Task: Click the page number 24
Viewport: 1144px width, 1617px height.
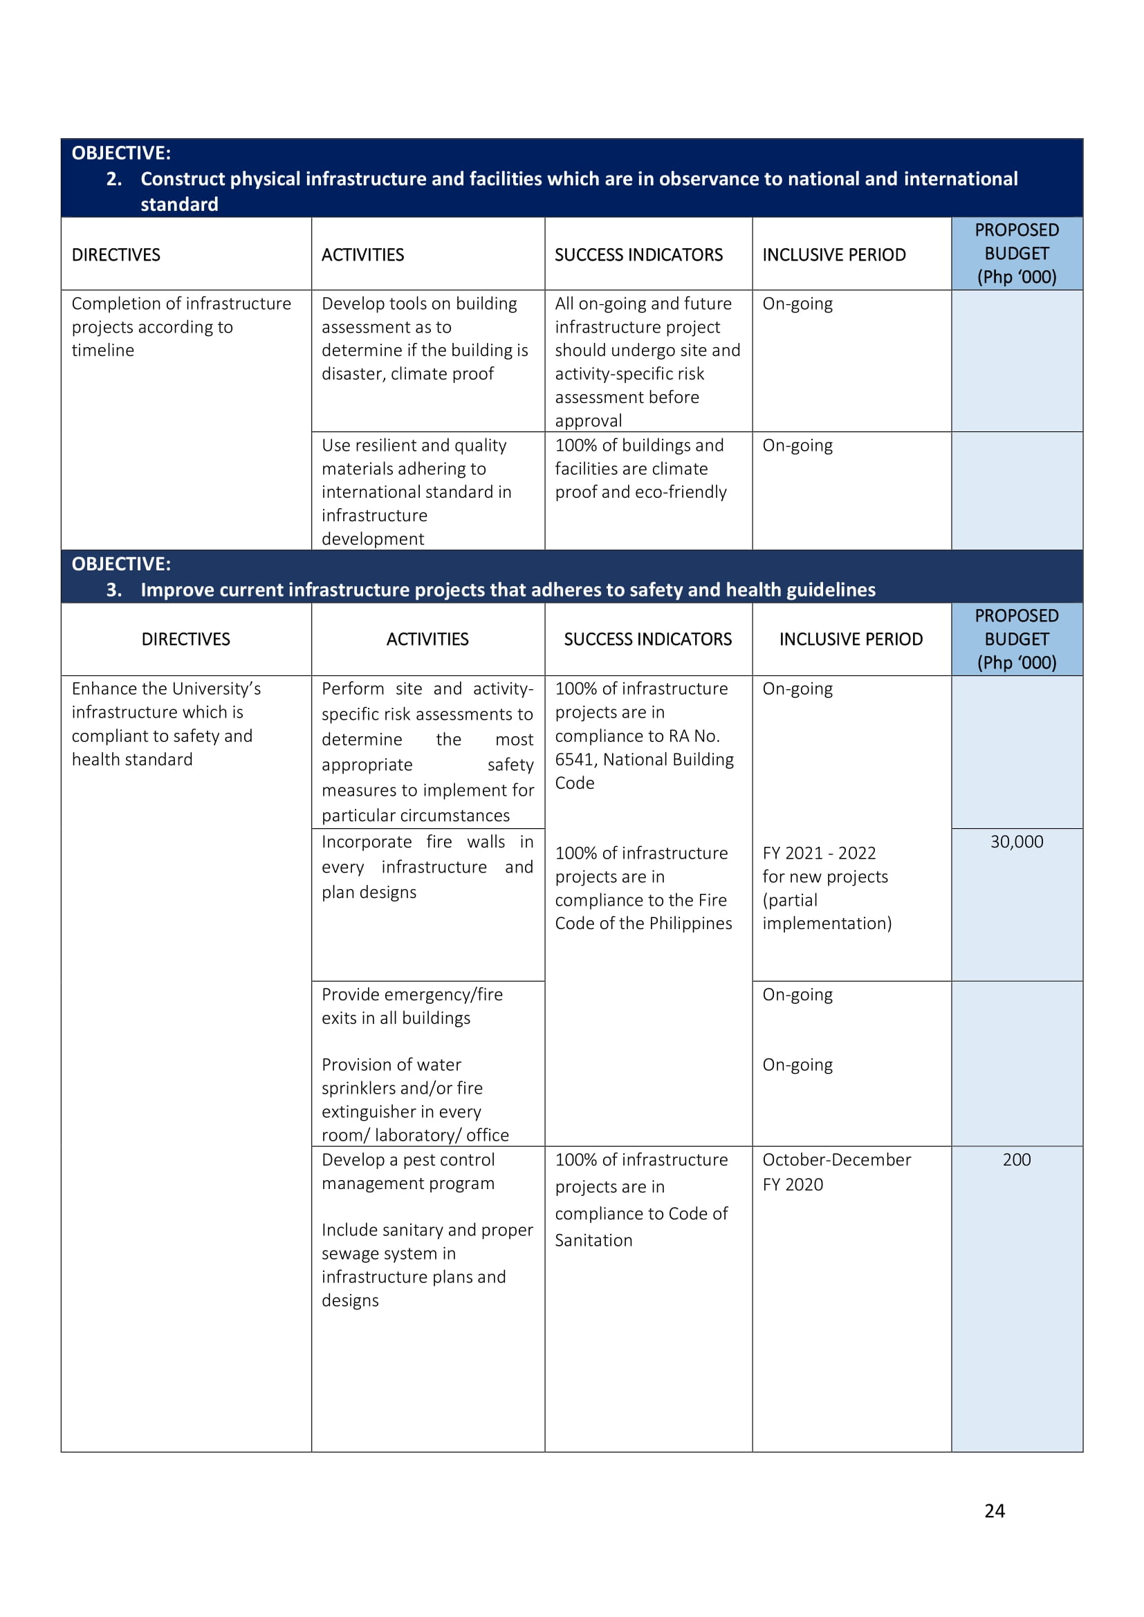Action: pos(994,1511)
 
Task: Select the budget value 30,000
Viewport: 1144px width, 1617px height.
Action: pos(1016,841)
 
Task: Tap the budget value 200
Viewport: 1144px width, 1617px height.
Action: pos(1016,1159)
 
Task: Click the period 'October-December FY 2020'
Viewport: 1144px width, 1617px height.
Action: pos(836,1172)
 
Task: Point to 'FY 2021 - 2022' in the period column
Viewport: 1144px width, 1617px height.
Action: pos(818,853)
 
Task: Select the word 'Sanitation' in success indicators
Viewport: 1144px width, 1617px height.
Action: pos(593,1240)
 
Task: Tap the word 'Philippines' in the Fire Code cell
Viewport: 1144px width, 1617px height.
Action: pos(694,924)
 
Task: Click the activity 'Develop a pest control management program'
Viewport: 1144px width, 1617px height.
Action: pos(408,1171)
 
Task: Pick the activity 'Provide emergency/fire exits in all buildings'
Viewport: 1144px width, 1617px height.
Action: pos(412,1006)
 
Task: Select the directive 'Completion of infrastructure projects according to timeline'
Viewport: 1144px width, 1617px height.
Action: pos(181,327)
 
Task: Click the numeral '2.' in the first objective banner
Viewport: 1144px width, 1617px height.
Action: pos(113,179)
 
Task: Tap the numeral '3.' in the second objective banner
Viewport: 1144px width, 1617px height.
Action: pos(113,590)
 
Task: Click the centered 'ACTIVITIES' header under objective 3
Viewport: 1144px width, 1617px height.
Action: pos(427,639)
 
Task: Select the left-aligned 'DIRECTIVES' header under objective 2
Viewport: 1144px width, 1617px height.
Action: pos(116,254)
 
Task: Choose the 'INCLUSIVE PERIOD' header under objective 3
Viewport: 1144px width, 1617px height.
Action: pos(850,639)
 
